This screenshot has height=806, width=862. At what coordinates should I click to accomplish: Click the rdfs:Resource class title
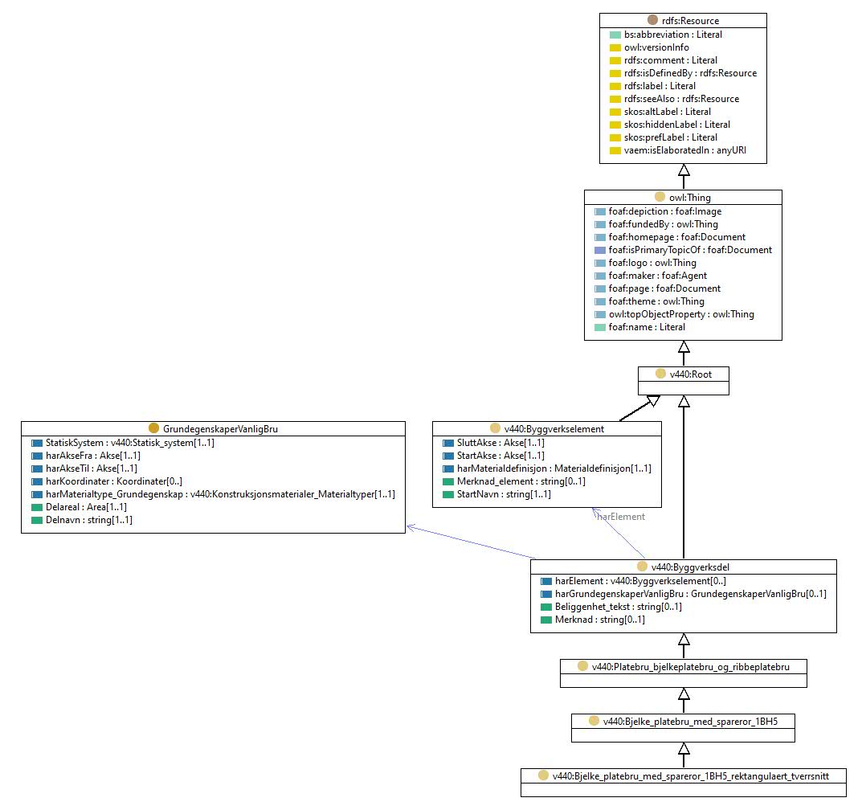coord(690,21)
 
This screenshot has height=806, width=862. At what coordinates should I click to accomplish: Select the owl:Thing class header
coord(690,198)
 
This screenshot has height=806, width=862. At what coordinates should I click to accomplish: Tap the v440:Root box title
coord(690,374)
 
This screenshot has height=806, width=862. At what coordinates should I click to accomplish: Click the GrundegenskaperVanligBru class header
coord(220,429)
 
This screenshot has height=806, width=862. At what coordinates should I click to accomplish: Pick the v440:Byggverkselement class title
coord(554,429)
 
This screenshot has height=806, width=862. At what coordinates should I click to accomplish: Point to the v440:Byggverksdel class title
coord(690,567)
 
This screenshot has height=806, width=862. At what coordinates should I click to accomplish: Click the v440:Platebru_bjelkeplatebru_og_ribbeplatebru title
coord(690,667)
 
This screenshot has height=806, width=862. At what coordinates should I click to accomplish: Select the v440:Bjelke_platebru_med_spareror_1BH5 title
coord(690,722)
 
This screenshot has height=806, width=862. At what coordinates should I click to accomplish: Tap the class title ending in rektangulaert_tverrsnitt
coord(690,776)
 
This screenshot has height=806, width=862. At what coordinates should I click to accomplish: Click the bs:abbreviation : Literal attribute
coord(673,35)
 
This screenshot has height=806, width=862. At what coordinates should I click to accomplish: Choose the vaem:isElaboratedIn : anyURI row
coord(685,150)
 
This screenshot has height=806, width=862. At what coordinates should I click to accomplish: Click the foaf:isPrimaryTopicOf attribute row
coord(690,250)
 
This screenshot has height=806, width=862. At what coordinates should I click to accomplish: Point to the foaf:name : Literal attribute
coord(647,327)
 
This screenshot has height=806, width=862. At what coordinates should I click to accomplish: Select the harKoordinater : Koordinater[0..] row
coord(114,481)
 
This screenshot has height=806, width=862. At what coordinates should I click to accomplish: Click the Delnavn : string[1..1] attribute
coord(89,520)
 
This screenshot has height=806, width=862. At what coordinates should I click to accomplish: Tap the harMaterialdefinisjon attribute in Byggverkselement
coord(554,468)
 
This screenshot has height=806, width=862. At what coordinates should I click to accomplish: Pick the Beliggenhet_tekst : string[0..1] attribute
coord(619,607)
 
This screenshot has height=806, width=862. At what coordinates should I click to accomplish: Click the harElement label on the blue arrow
coord(621,517)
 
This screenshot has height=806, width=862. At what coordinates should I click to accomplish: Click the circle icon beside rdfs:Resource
coord(652,20)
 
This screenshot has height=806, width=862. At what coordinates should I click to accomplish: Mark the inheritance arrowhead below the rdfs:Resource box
coord(684,170)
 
